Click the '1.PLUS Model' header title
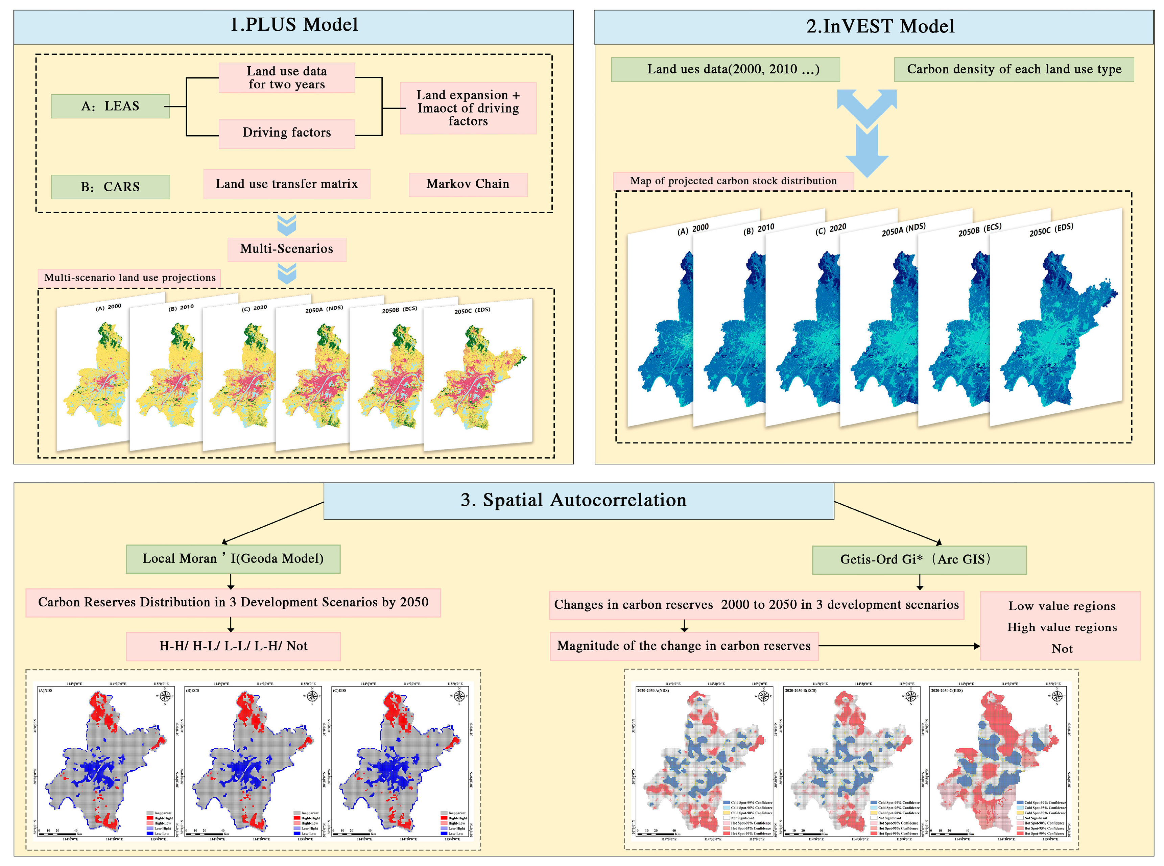(294, 25)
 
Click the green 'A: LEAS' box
(110, 106)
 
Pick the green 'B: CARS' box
(110, 187)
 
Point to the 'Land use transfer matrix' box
(286, 184)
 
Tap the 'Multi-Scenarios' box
(286, 249)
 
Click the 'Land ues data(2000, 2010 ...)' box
(725, 70)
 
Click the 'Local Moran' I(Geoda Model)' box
(233, 559)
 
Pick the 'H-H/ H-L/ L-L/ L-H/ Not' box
(233, 646)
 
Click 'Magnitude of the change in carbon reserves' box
(683, 646)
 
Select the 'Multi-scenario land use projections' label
(129, 278)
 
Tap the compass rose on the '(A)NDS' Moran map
(165, 696)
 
